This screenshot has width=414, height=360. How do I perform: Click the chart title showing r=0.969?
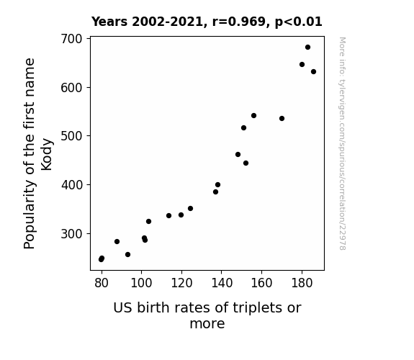[x=207, y=22]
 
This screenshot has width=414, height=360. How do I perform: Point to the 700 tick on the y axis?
[x=72, y=39]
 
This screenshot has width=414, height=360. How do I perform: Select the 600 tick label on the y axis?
[x=72, y=87]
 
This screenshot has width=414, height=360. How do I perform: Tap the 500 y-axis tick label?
[x=72, y=136]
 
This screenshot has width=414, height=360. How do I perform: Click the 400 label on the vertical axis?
[x=72, y=185]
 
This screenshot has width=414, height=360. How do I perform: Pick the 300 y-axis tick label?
[x=72, y=234]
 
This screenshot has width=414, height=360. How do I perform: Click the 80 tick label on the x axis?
[x=102, y=283]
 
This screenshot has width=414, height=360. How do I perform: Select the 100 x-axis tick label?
[x=141, y=283]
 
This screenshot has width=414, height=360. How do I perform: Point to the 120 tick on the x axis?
[x=181, y=283]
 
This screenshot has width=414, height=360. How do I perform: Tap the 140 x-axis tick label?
[x=222, y=283]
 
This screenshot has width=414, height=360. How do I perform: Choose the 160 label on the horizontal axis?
[x=261, y=283]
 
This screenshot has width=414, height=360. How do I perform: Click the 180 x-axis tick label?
[x=302, y=283]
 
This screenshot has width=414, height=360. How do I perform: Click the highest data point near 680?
[x=307, y=48]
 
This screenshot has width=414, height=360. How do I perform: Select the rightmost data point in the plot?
[x=313, y=71]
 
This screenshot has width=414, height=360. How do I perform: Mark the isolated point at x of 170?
[x=282, y=118]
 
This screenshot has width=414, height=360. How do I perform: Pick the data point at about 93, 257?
[x=127, y=255]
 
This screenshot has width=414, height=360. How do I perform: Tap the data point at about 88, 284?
[x=117, y=241]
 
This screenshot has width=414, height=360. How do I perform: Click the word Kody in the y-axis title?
[x=47, y=154]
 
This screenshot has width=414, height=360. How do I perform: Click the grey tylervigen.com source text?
[x=342, y=143]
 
